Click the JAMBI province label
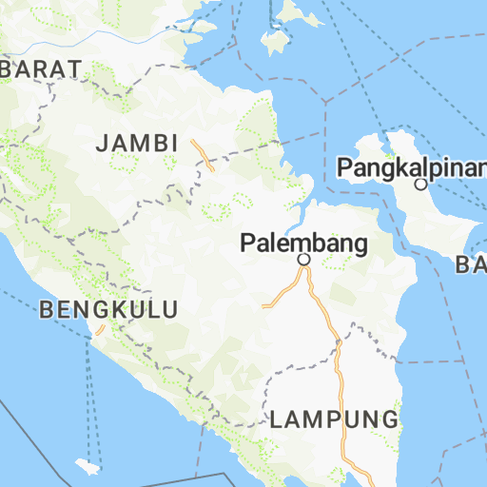pyautogui.click(x=138, y=144)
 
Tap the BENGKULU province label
pyautogui.click(x=109, y=309)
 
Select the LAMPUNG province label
pyautogui.click(x=333, y=419)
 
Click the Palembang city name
pyautogui.click(x=303, y=243)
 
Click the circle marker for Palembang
pyautogui.click(x=304, y=259)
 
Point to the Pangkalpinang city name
pyautogui.click(x=412, y=167)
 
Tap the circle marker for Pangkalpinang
pyautogui.click(x=420, y=184)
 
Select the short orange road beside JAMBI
pyautogui.click(x=202, y=154)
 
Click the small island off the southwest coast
pyautogui.click(x=88, y=467)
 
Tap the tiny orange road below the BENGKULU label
pyautogui.click(x=99, y=330)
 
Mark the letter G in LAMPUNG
pyautogui.click(x=389, y=419)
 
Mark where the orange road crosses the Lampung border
pyautogui.click(x=338, y=347)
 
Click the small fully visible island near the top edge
pyautogui.click(x=276, y=43)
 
